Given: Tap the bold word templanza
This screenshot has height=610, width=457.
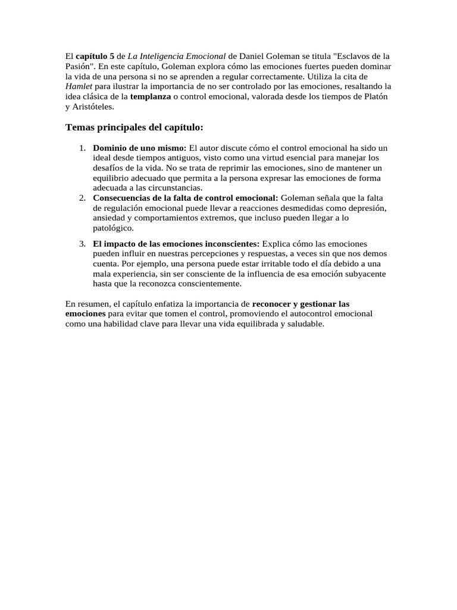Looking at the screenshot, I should (150, 97).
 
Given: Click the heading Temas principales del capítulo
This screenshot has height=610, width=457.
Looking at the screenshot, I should (134, 127).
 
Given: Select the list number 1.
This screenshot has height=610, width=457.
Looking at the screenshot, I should (82, 148).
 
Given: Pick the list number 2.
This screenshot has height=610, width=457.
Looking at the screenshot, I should (82, 198).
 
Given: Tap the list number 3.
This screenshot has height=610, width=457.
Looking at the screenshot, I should (82, 244).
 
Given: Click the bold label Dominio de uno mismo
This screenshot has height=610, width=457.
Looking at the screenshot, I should (140, 148).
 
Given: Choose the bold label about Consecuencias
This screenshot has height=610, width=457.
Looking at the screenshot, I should (186, 198).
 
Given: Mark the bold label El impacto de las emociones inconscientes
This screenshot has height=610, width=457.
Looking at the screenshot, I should (176, 244).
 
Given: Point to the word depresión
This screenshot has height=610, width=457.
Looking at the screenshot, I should (365, 208).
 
